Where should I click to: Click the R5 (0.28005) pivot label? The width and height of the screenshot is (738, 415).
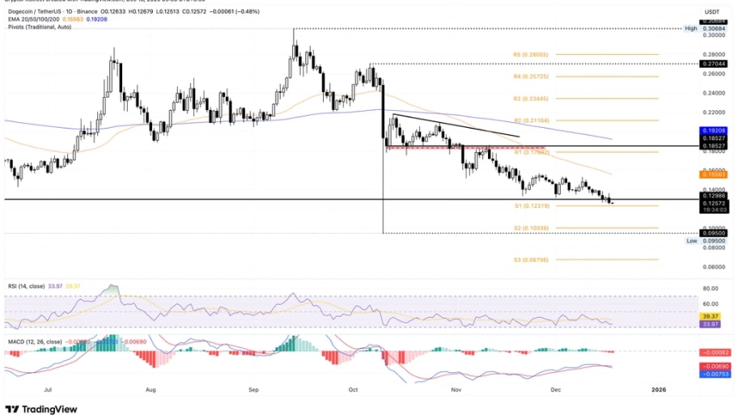(x=530, y=54)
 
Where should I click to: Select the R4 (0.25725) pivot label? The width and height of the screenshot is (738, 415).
(x=530, y=76)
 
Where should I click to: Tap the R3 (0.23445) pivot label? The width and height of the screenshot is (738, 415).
(x=530, y=98)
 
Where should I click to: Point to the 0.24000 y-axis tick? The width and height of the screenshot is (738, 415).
(x=715, y=92)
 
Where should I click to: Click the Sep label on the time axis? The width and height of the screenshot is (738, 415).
(x=253, y=389)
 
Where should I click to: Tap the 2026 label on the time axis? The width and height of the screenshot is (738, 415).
(x=659, y=389)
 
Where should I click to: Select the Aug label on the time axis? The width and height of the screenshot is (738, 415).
(x=151, y=389)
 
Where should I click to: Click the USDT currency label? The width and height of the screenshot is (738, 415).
(x=713, y=11)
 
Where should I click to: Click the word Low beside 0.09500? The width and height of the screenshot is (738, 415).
(x=692, y=241)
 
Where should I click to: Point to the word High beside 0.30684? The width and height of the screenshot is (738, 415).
(x=691, y=28)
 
